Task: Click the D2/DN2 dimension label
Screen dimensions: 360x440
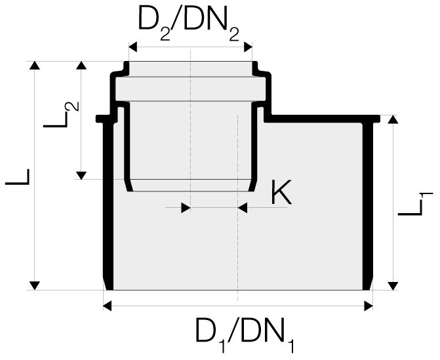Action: (x=190, y=25)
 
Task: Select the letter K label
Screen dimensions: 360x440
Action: (x=281, y=193)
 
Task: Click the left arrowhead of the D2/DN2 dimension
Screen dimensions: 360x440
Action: (x=132, y=47)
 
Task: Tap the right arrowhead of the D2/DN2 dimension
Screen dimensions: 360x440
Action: (x=247, y=47)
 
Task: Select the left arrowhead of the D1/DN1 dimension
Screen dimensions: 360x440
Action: (x=108, y=304)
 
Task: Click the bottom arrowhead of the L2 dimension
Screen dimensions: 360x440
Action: (x=81, y=174)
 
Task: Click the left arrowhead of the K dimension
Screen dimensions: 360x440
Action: (x=185, y=207)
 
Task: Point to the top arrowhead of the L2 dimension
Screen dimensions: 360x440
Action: (x=81, y=66)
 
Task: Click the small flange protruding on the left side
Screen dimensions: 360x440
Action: (x=100, y=119)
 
